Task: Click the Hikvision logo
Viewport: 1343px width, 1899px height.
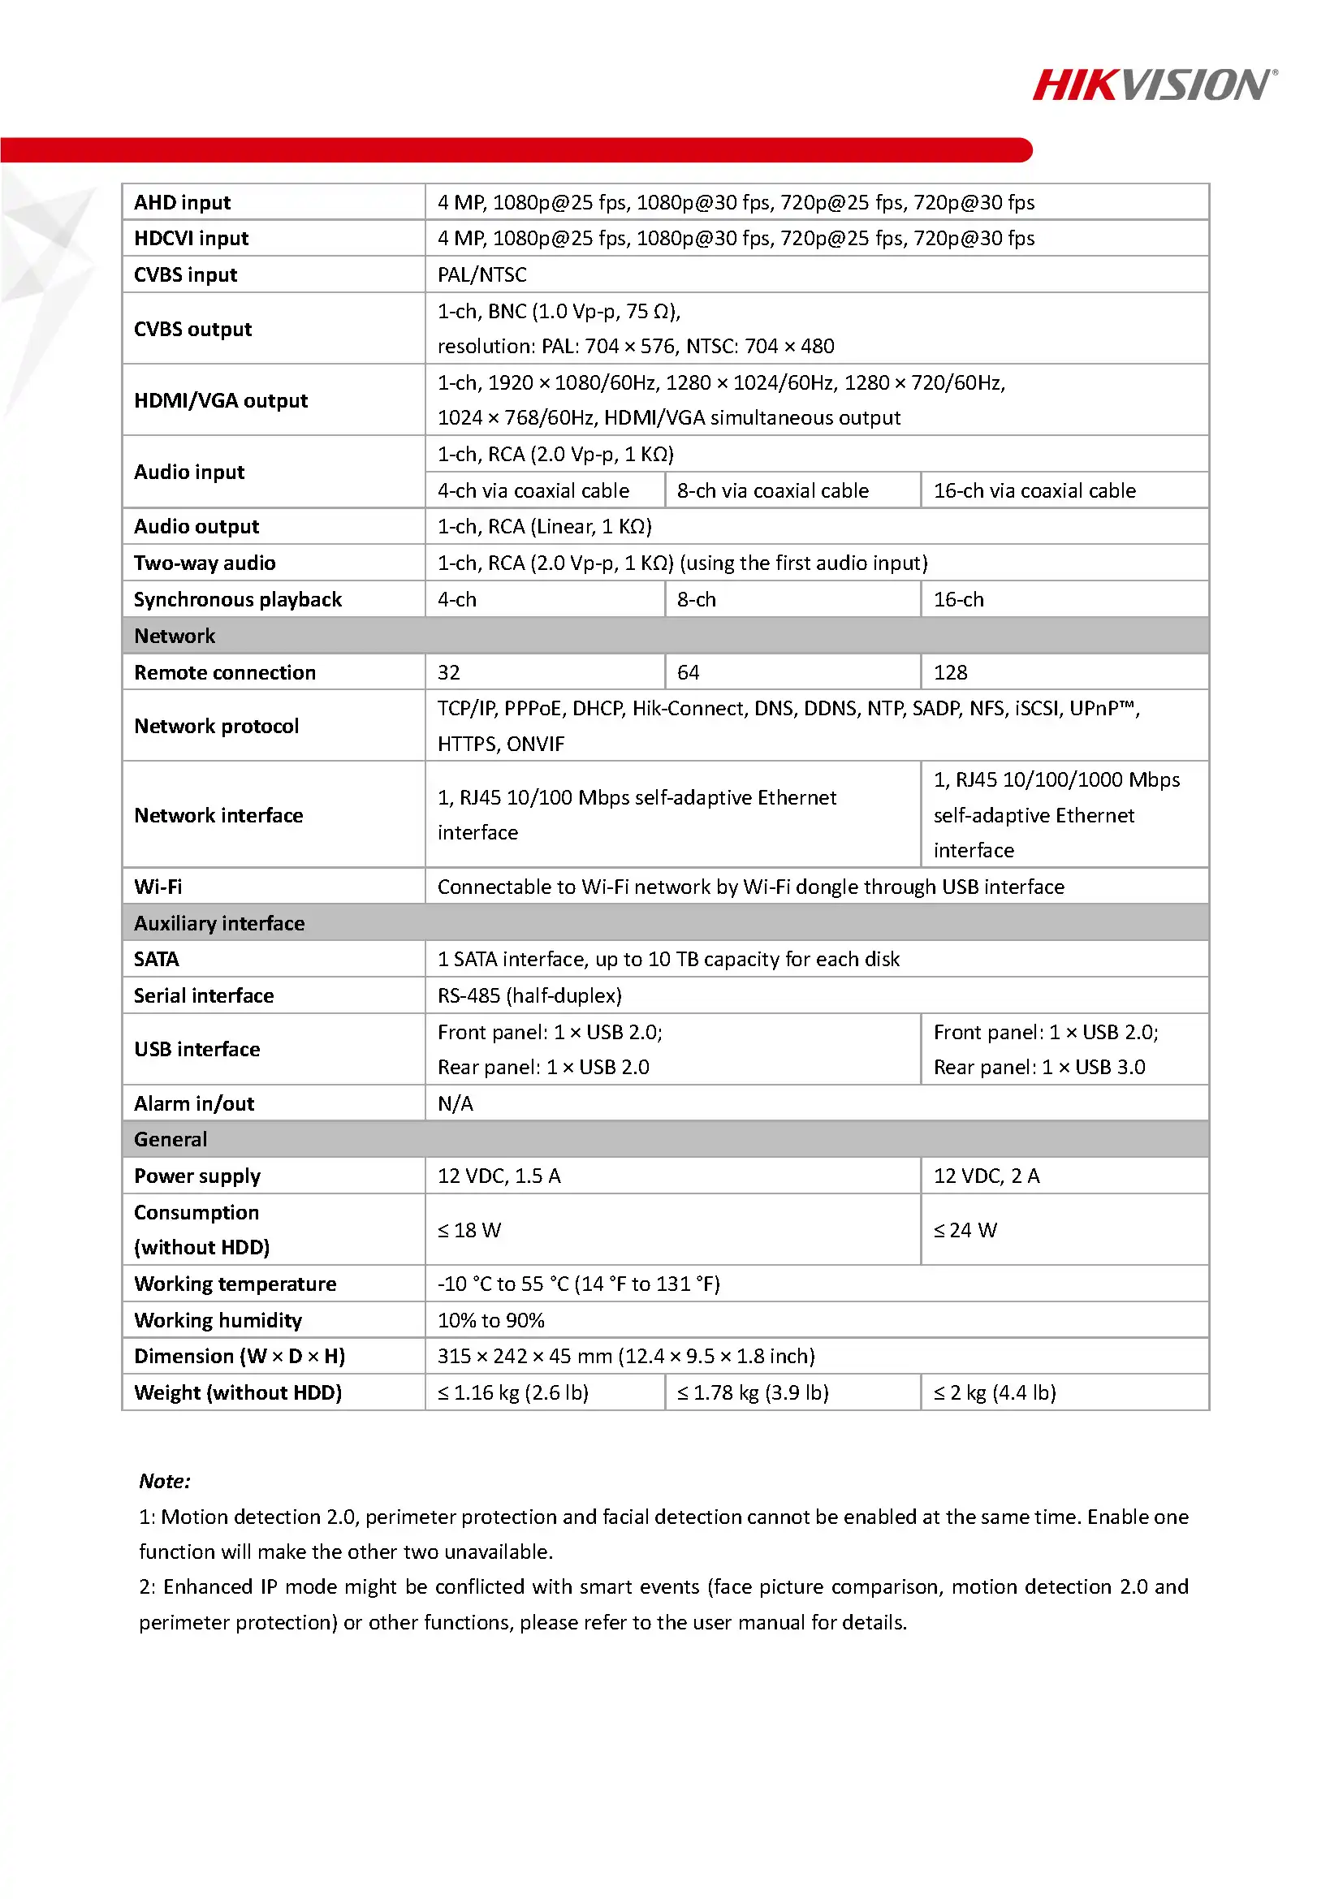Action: click(x=1154, y=84)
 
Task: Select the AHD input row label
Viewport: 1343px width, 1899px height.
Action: click(x=183, y=203)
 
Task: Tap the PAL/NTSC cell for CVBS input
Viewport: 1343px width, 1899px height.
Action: click(x=481, y=274)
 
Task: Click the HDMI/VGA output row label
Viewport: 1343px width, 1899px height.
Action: click(x=221, y=400)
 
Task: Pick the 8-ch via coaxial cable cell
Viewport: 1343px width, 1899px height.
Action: click(x=772, y=490)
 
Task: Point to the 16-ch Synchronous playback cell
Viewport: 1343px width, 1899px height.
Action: click(x=958, y=600)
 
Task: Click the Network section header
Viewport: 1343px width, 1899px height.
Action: click(x=175, y=636)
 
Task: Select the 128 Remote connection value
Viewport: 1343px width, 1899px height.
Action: click(x=950, y=672)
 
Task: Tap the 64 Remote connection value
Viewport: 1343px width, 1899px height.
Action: click(x=688, y=672)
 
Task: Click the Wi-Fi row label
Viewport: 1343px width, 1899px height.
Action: click(x=158, y=887)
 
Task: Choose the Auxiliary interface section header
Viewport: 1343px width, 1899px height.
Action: click(x=219, y=923)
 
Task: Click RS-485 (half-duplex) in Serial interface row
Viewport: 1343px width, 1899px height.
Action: click(x=529, y=995)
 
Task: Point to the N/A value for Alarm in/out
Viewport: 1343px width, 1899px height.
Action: click(x=456, y=1103)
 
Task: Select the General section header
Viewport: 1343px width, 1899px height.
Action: click(x=171, y=1139)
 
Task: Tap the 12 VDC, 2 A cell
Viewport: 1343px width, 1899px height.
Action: click(x=987, y=1176)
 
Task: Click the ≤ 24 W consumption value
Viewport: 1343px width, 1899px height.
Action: click(x=965, y=1230)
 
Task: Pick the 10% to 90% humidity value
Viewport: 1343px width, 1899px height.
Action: click(x=490, y=1320)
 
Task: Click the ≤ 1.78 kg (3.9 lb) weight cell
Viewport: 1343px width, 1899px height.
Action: click(x=753, y=1393)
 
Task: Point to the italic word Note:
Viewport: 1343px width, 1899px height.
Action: click(x=165, y=1481)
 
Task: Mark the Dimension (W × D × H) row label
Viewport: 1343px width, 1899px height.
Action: click(x=239, y=1357)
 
